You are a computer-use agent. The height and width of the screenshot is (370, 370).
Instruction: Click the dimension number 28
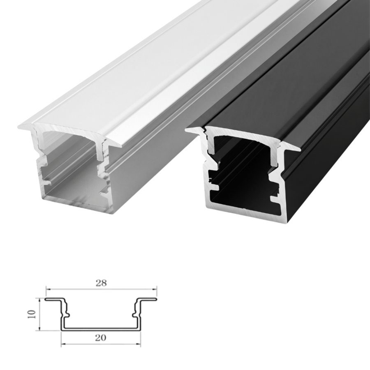pyautogui.click(x=101, y=283)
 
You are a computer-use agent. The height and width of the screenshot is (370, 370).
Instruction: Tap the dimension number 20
pyautogui.click(x=101, y=338)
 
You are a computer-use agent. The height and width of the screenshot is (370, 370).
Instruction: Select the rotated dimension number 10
pyautogui.click(x=32, y=314)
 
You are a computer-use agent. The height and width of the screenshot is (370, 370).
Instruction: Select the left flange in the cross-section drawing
pyautogui.click(x=54, y=299)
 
